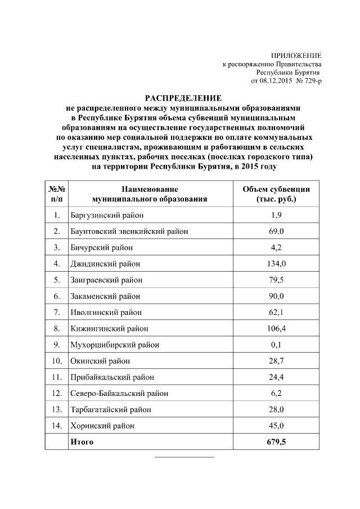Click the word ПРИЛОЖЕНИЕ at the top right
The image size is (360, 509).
[x=296, y=56]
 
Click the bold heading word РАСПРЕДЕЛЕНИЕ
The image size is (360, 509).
[x=181, y=97]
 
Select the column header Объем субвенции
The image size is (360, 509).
[x=276, y=190]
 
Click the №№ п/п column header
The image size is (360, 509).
[x=57, y=194]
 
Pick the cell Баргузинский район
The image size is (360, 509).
[x=107, y=215]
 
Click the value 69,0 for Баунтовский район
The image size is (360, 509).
[x=276, y=231]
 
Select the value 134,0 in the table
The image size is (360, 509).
[x=276, y=264]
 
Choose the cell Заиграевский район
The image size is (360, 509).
[x=106, y=280]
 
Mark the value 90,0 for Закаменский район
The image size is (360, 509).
[x=276, y=296]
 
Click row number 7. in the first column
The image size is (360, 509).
[x=57, y=312]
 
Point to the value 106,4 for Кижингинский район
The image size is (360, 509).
[x=276, y=328]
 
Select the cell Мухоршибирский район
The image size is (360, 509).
[x=114, y=345]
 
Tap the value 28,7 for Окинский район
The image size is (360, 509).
[x=276, y=361]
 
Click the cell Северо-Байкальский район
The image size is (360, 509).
[x=119, y=393]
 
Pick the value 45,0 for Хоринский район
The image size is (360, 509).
[x=276, y=426]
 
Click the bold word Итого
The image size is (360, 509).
[x=82, y=442]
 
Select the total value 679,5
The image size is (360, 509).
[x=276, y=442]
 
